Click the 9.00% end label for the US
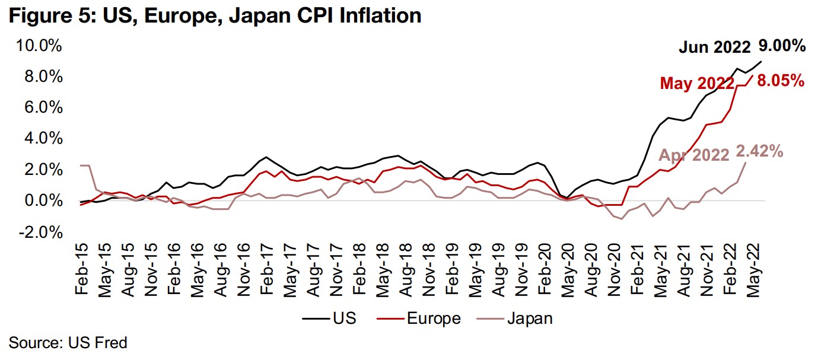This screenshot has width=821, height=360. pyautogui.click(x=782, y=46)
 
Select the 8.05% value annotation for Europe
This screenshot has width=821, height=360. pyautogui.click(x=779, y=81)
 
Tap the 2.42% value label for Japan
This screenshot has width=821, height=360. pyautogui.click(x=760, y=152)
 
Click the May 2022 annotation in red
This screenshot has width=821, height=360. pyautogui.click(x=696, y=84)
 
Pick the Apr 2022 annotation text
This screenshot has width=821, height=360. pyautogui.click(x=693, y=155)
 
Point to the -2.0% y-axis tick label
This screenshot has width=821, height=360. pyautogui.click(x=40, y=232)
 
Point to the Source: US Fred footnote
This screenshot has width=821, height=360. pyautogui.click(x=68, y=342)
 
